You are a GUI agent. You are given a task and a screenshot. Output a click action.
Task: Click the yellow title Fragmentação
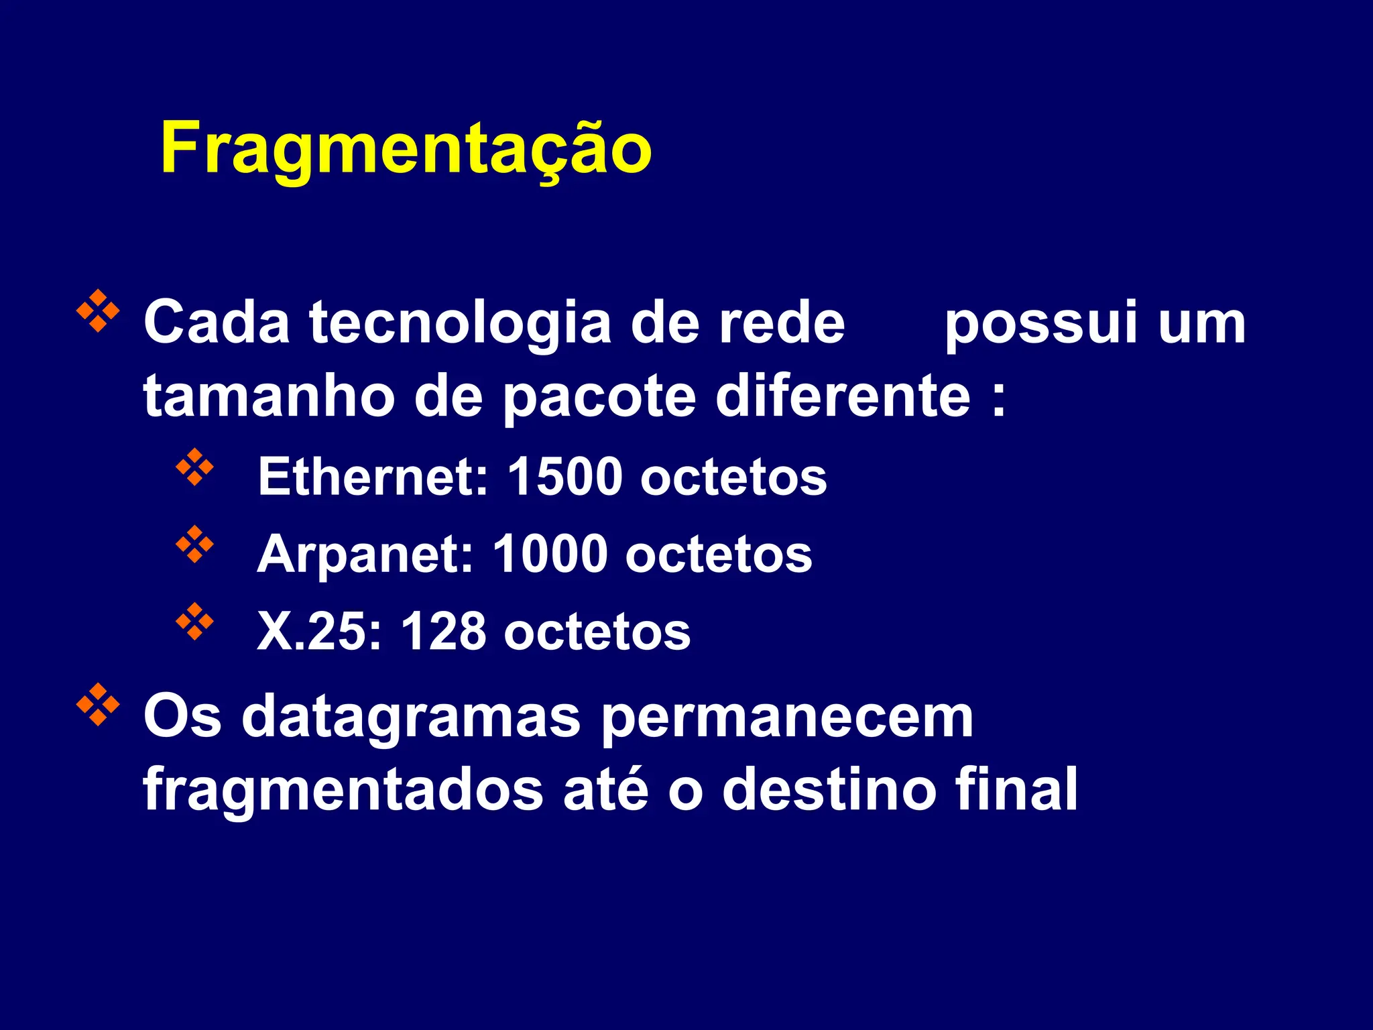pos(406,149)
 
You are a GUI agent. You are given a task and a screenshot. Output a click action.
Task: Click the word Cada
pos(217,323)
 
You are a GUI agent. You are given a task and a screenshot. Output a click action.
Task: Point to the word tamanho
pos(268,396)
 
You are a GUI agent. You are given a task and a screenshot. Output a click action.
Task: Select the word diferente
pos(843,396)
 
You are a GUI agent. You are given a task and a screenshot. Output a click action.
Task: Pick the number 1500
pos(564,476)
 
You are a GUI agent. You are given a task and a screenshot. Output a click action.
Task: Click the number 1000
pos(550,555)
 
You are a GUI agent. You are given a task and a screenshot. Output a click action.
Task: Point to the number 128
pos(443,632)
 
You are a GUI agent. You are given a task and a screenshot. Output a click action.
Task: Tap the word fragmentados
pos(343,790)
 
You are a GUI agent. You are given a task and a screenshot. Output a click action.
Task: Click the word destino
pos(829,790)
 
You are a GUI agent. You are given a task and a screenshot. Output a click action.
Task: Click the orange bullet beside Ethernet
pos(194,467)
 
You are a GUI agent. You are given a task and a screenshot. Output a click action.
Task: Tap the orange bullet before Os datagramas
pos(98,704)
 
